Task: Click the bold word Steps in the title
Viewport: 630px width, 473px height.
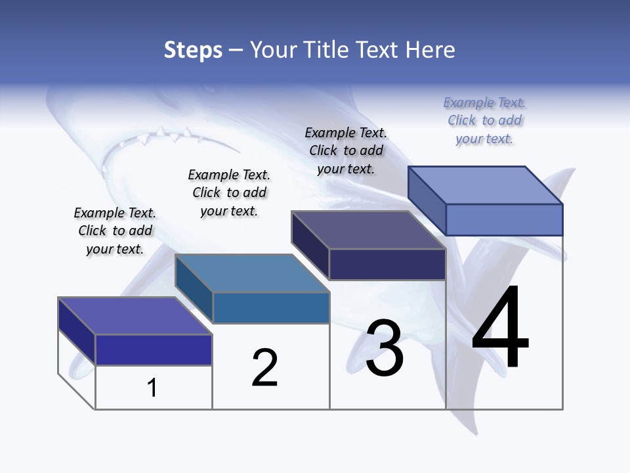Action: pos(193,50)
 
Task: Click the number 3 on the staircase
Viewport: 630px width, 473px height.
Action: pos(385,348)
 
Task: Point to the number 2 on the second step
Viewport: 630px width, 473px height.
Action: pos(264,368)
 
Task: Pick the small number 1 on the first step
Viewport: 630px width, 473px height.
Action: pos(152,388)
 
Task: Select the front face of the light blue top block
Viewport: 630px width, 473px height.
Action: pos(504,219)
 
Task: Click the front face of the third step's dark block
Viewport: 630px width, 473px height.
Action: pos(387,264)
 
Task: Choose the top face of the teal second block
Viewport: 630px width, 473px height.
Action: pos(252,273)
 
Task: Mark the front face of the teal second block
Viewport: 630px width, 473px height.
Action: pos(271,307)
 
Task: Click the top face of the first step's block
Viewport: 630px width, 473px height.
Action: pos(135,316)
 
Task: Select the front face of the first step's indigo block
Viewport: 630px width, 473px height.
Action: pos(154,349)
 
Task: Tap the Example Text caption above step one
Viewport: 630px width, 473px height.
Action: pos(115,231)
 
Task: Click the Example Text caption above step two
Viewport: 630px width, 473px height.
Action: pos(229,192)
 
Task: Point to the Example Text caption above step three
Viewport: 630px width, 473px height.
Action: pos(346,150)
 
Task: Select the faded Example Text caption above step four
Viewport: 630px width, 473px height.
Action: pos(484,120)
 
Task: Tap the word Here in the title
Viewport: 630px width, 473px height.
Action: pos(430,50)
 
